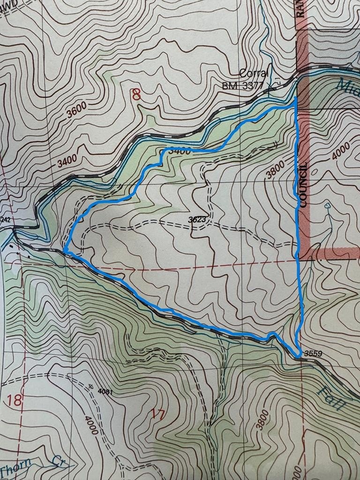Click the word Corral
(x=254, y=74)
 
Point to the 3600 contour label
(x=76, y=112)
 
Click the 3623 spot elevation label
(x=198, y=218)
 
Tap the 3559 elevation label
(x=313, y=353)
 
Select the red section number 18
(x=15, y=400)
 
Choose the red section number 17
(x=159, y=414)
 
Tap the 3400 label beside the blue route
(x=179, y=151)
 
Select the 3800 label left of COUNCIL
(x=275, y=170)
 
